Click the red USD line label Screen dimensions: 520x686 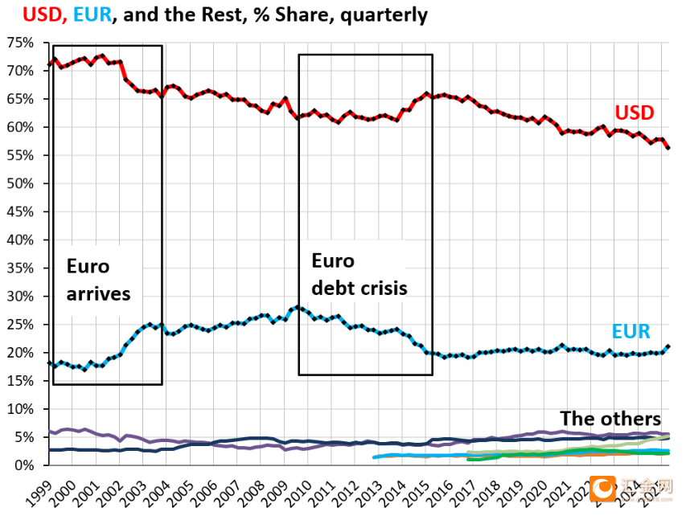click(x=635, y=112)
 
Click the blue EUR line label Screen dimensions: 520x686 click(x=631, y=331)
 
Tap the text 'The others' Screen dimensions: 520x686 click(x=610, y=419)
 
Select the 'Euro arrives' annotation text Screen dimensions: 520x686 click(x=98, y=280)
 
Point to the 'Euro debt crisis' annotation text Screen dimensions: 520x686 click(x=359, y=275)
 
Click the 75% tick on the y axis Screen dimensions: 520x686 click(x=23, y=43)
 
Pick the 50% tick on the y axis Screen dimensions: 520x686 click(x=23, y=183)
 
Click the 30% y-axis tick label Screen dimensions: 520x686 click(x=23, y=297)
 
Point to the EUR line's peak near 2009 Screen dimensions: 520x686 click(x=298, y=307)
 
